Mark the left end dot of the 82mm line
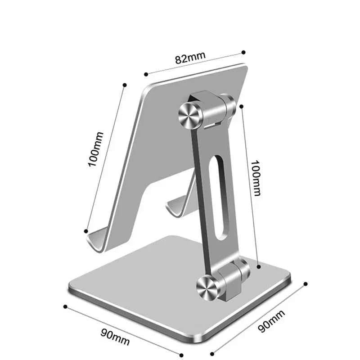(145, 74)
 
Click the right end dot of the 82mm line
(243, 52)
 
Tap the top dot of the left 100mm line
(125, 84)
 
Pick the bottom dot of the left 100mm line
(86, 231)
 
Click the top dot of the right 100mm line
(242, 106)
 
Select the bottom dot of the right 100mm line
(259, 267)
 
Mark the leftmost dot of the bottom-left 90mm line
(65, 306)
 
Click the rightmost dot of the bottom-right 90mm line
(306, 284)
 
